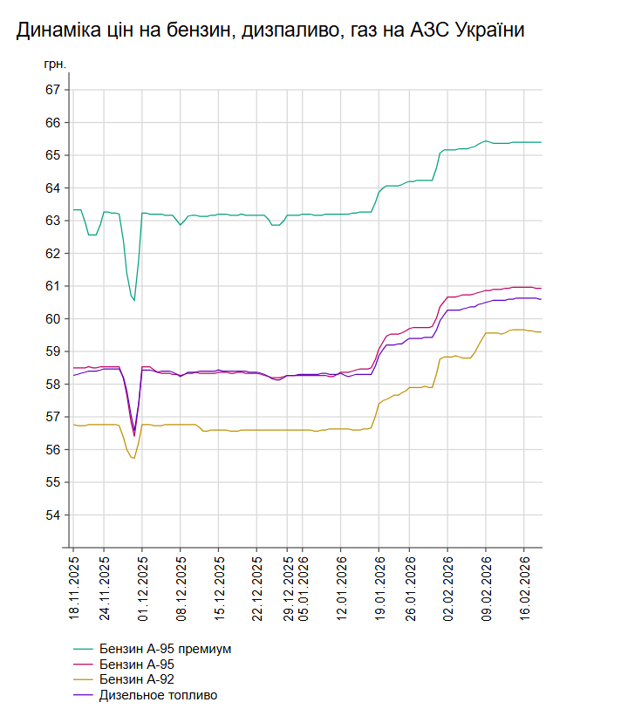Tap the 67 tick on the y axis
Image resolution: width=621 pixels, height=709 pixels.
click(x=53, y=90)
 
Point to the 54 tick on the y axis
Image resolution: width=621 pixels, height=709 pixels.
click(x=53, y=515)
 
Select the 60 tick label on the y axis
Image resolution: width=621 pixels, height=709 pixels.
click(x=53, y=319)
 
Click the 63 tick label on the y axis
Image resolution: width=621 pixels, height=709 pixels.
click(x=53, y=221)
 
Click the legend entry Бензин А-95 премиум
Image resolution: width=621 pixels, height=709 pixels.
click(x=165, y=649)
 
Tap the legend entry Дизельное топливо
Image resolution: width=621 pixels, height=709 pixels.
click(x=158, y=695)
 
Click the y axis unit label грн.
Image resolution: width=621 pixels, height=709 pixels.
click(x=55, y=65)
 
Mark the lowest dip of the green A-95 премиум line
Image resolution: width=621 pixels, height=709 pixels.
click(x=134, y=301)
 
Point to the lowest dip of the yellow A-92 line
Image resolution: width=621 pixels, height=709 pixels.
click(x=133, y=458)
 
